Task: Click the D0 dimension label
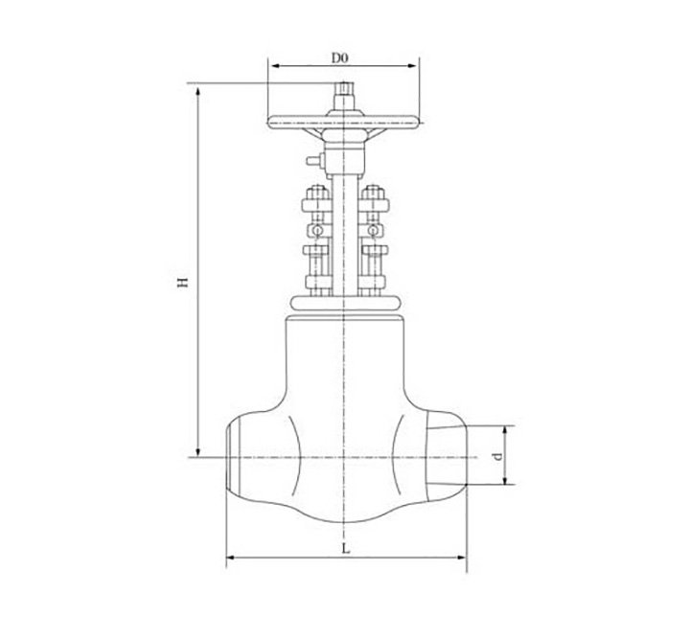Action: point(339,57)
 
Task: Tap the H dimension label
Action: point(183,282)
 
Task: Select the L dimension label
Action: point(346,549)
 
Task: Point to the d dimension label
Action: point(497,457)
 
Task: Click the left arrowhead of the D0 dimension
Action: point(275,66)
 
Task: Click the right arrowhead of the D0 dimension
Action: point(412,66)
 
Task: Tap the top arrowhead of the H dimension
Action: point(198,92)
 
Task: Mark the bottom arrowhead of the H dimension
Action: point(198,451)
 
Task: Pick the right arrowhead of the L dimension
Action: point(460,558)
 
